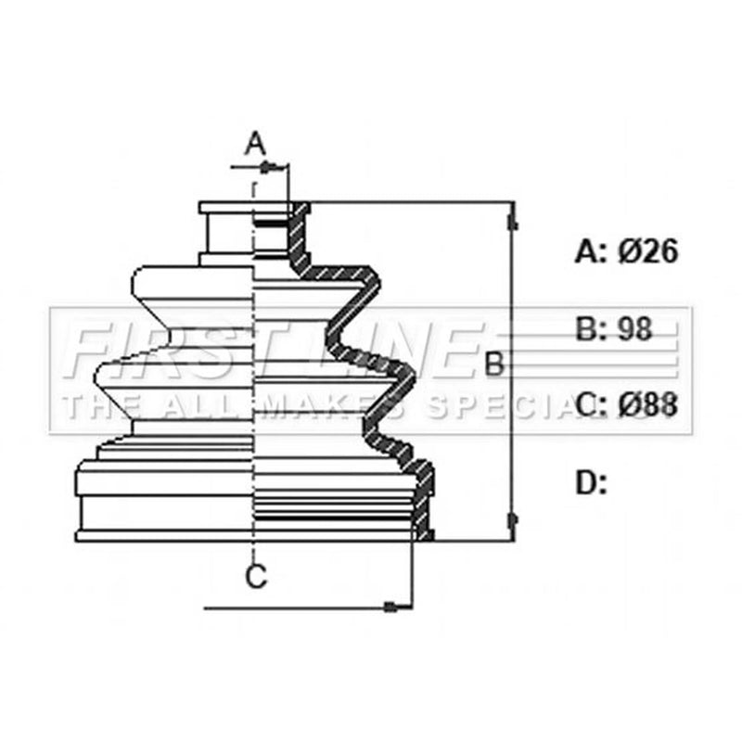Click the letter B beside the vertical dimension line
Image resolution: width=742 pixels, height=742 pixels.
pos(494,364)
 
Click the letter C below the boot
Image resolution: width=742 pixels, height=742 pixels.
pos(256,576)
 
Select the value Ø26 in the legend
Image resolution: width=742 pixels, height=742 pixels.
pos(647,250)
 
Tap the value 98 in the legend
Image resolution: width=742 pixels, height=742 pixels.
pos(635,329)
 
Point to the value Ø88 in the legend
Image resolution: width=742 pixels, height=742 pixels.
pos(647,405)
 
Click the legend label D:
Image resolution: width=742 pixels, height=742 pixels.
pos(591,482)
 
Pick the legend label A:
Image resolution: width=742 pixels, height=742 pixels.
pos(591,250)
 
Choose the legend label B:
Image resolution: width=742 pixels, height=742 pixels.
pos(591,329)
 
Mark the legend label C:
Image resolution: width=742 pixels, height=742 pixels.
pos(591,405)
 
